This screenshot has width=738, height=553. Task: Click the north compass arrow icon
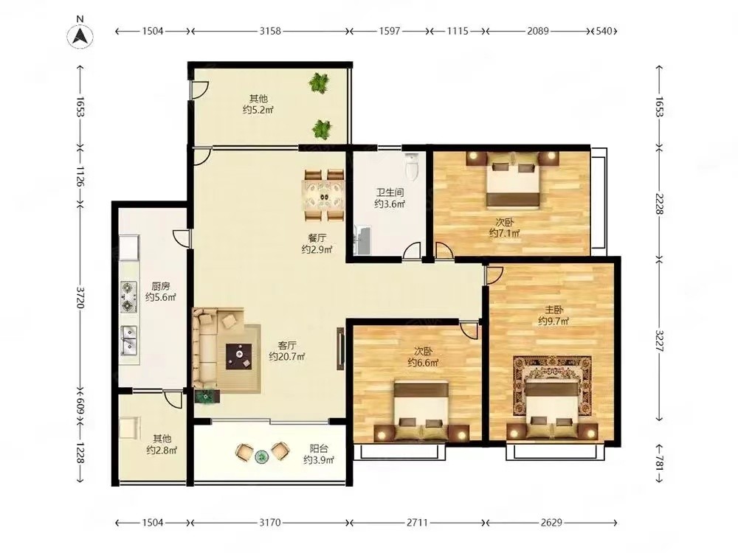click(80, 36)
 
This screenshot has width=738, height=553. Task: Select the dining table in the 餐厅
click(323, 195)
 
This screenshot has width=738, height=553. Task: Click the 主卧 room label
click(554, 310)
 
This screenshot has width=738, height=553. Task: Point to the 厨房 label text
click(160, 286)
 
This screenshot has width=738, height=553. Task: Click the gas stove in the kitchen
click(128, 297)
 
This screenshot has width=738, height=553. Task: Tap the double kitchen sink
click(128, 340)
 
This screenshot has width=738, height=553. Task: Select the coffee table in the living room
click(238, 356)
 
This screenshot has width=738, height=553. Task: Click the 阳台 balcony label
click(319, 449)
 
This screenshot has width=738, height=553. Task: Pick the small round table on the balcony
click(261, 456)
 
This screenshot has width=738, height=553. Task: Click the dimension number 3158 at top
click(270, 31)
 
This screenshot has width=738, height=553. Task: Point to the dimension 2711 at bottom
click(418, 523)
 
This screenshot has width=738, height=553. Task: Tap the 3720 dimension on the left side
click(80, 298)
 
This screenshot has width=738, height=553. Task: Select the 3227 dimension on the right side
click(659, 341)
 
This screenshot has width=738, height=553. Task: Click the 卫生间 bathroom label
click(389, 192)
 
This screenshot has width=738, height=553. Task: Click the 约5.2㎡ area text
click(258, 110)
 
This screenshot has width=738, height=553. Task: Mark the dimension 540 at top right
click(604, 31)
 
